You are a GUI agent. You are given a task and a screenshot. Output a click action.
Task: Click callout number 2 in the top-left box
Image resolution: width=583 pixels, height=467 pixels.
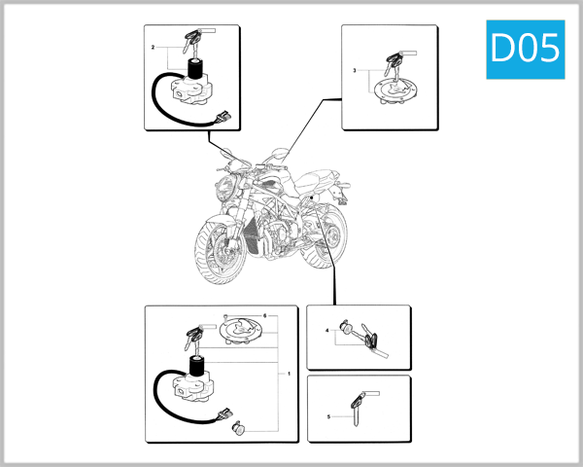154,47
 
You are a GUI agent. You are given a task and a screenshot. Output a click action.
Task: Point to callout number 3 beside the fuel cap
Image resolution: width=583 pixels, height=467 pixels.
355,71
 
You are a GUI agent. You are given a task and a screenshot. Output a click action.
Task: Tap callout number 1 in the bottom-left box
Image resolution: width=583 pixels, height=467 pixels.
289,373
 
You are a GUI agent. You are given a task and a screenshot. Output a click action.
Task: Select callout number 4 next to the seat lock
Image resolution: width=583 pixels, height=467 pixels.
327,332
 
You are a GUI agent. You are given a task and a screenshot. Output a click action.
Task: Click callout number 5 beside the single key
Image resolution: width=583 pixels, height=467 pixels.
329,416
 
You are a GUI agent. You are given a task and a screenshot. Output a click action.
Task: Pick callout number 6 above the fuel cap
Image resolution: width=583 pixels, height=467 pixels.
264,316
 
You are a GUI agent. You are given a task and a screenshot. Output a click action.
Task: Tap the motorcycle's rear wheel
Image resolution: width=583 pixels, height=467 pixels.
330,238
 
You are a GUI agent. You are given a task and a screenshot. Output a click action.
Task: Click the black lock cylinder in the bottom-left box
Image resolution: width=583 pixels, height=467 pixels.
199,369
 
